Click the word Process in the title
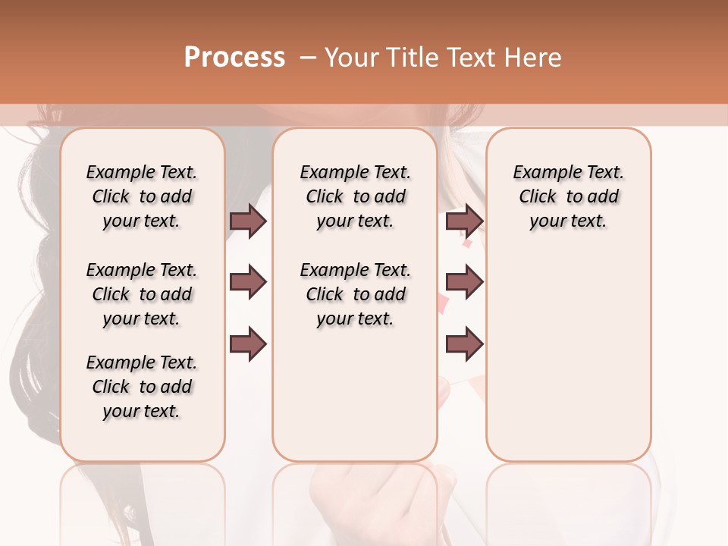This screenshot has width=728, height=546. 234,58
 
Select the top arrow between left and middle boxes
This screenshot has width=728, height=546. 248,221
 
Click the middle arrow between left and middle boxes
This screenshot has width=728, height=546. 248,282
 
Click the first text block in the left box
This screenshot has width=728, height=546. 142,196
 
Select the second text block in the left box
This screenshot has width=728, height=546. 142,294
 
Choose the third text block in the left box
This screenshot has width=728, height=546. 142,387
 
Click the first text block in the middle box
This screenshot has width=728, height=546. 355,196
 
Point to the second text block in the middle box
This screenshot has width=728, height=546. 355,294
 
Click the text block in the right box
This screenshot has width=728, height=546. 568,196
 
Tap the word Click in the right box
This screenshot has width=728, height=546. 538,196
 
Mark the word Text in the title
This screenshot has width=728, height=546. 469,58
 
